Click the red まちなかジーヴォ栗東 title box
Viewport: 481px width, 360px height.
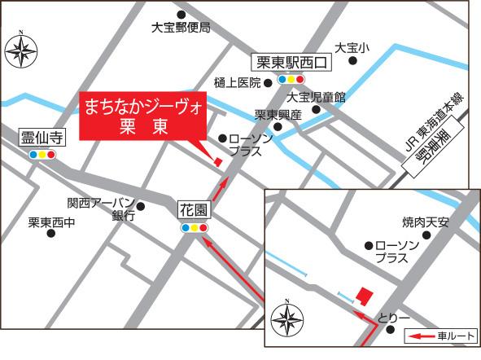click(144, 117)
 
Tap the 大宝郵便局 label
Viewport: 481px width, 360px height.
click(181, 28)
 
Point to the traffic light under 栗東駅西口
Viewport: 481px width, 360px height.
click(291, 80)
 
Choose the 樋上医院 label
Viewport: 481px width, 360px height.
click(237, 82)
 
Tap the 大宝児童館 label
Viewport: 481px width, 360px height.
click(317, 97)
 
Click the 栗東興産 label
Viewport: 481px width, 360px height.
click(278, 115)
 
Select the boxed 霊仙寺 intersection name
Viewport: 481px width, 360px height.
click(42, 138)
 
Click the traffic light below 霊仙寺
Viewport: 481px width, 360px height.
click(42, 154)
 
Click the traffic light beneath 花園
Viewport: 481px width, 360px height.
click(195, 229)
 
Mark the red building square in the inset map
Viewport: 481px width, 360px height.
click(365, 293)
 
